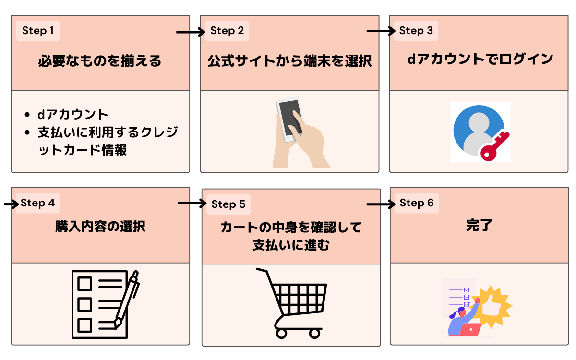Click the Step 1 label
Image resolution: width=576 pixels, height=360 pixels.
point(38,31)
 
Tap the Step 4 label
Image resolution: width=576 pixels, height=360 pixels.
point(38,203)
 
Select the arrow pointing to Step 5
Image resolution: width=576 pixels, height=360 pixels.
point(192,204)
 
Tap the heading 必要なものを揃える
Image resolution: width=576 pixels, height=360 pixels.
point(100,61)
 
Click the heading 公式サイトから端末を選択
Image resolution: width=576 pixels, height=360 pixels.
point(289,61)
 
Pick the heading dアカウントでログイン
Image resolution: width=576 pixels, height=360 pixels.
point(480,60)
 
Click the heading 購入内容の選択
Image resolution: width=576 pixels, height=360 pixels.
point(100,226)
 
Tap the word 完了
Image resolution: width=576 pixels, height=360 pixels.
point(479,225)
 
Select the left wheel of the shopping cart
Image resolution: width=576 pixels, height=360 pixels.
point(281,332)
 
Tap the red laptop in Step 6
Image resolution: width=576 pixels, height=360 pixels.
point(470,329)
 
